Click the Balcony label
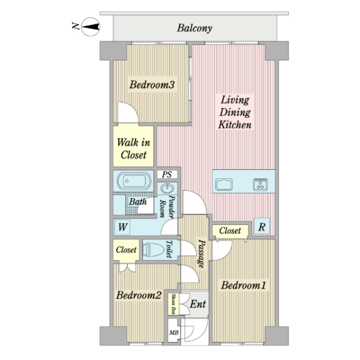click(x=194, y=28)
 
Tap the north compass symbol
click(x=91, y=27)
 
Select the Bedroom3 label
click(x=152, y=85)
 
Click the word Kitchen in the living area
click(x=235, y=125)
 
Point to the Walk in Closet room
click(x=133, y=146)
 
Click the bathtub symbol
click(x=134, y=181)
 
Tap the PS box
click(x=167, y=175)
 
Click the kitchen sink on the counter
click(x=224, y=184)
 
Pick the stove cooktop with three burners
click(x=260, y=184)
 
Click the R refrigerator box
click(x=262, y=227)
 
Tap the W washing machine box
click(x=122, y=227)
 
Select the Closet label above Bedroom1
click(x=230, y=230)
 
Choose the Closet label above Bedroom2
click(x=126, y=250)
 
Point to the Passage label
click(x=202, y=254)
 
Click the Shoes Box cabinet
click(x=173, y=304)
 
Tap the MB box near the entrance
click(x=173, y=332)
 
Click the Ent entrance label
click(x=197, y=304)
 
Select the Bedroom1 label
click(x=244, y=286)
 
